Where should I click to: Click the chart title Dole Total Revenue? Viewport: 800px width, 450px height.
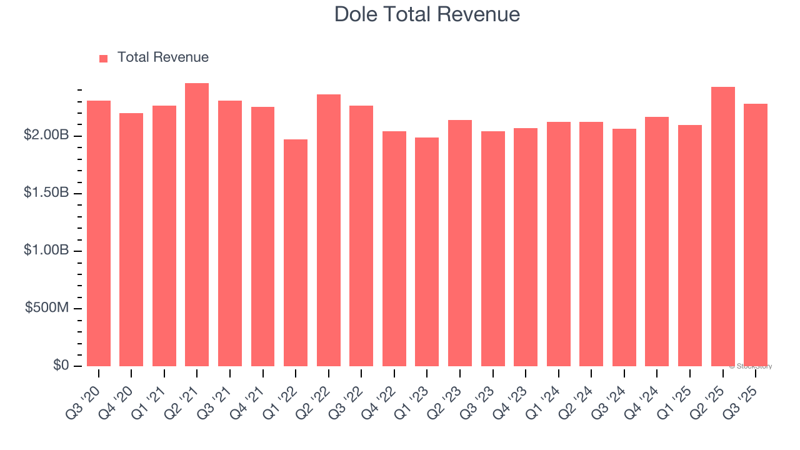coord(427,14)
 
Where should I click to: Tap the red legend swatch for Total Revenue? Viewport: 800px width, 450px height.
coord(104,58)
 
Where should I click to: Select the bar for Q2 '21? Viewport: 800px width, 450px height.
coord(197,225)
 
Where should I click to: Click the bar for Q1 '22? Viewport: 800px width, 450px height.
coord(296,253)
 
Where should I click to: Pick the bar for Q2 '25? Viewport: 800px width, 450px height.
coord(723,227)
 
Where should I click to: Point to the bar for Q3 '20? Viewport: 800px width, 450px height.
coord(99,234)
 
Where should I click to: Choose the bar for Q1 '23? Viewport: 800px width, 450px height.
coord(427,252)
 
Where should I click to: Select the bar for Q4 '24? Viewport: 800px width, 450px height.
coord(657,242)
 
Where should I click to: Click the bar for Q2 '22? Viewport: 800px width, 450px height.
coord(329,231)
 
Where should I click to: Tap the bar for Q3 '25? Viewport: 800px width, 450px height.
coord(756,235)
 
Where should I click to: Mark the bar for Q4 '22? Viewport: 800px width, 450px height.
coord(394,249)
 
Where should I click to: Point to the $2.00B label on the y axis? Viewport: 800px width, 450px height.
coord(45,136)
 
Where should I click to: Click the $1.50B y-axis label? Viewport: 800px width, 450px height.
coord(45,194)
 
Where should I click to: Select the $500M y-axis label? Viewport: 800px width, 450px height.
coord(47,309)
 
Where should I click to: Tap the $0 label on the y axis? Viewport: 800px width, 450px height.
coord(61,366)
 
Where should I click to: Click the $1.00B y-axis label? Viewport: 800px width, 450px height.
coord(45,251)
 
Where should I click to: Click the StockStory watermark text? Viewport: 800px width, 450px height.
coord(751,366)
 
